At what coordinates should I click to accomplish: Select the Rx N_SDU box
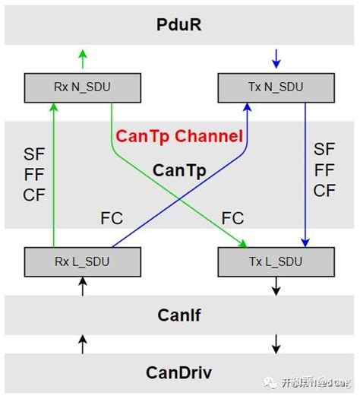tap(82, 87)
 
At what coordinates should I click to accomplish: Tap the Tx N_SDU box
tap(276, 87)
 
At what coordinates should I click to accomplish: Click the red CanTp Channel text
tap(179, 137)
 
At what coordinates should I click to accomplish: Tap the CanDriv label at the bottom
tap(179, 372)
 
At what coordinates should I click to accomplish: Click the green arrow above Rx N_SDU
tap(82, 59)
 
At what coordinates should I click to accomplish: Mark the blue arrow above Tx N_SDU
tap(276, 59)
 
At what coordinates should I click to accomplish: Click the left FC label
tap(112, 219)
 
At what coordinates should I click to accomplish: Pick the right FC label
tap(232, 219)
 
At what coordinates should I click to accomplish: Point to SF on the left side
tap(34, 155)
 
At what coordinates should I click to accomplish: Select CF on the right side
tap(324, 191)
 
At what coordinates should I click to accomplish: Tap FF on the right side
tap(324, 169)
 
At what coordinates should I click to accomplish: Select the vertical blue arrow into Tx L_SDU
tap(305, 175)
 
